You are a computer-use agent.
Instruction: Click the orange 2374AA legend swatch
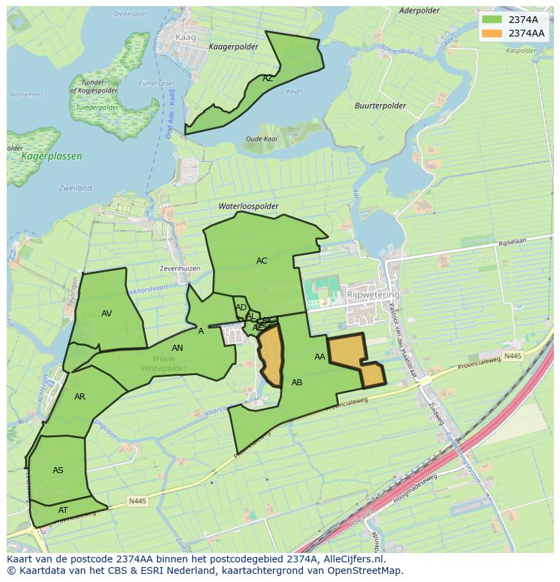[x=492, y=33]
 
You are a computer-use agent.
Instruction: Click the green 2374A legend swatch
[x=492, y=20]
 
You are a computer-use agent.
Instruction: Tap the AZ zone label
[x=268, y=78]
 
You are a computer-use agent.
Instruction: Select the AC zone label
[x=262, y=261]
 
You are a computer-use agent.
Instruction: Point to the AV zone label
[x=107, y=314]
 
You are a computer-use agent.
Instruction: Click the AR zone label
[x=80, y=397]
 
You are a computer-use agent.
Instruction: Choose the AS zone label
[x=58, y=470]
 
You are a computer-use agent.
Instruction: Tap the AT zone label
[x=63, y=510]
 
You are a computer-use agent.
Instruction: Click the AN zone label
[x=177, y=348]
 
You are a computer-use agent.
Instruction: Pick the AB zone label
[x=297, y=383]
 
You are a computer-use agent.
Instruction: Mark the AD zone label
[x=241, y=308]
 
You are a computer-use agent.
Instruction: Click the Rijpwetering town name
[x=373, y=295]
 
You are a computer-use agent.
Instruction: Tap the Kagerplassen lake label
[x=51, y=156]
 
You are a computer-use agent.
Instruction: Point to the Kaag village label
[x=185, y=38]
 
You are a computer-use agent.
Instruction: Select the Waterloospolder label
[x=248, y=206]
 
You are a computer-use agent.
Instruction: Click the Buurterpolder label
[x=380, y=106]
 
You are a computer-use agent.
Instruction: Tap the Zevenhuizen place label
[x=180, y=268]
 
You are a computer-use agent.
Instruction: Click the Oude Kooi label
[x=261, y=139]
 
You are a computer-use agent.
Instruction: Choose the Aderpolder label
[x=419, y=11]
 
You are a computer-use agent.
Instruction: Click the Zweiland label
[x=75, y=188]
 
